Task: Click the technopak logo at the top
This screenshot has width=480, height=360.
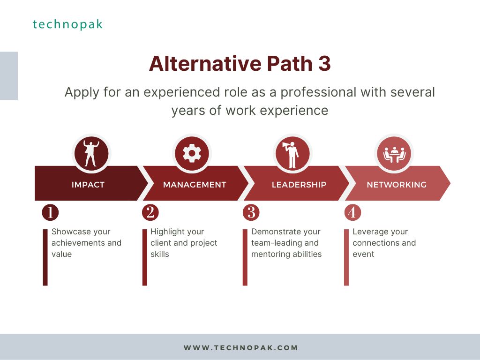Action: [67, 24]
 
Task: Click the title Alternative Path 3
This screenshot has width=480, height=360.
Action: [240, 64]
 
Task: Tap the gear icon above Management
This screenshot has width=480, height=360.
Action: [192, 153]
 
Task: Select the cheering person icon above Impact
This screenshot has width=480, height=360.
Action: [91, 153]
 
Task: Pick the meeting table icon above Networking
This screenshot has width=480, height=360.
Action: [394, 155]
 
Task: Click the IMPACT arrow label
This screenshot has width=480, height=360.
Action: [88, 185]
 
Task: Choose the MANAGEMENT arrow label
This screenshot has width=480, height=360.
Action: [195, 185]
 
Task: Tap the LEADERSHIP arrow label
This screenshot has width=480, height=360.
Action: [299, 185]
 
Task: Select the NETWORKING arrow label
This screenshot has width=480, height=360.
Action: [397, 185]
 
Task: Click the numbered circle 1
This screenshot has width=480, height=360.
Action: [50, 212]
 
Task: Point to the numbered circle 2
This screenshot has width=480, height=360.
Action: [150, 212]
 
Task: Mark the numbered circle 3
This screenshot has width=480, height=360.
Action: [251, 212]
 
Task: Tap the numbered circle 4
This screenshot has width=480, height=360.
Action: [352, 212]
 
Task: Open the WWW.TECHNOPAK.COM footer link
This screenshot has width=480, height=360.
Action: [240, 348]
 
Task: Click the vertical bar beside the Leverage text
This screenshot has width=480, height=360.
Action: [346, 257]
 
